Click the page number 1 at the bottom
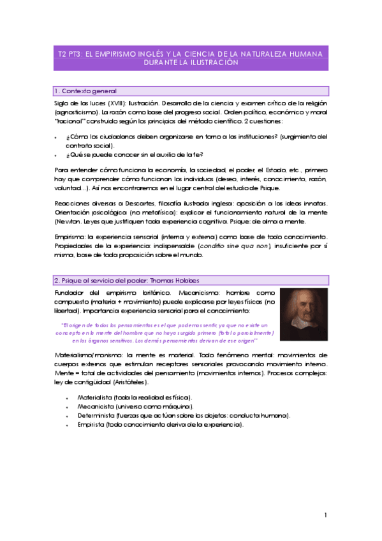click(326, 514)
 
